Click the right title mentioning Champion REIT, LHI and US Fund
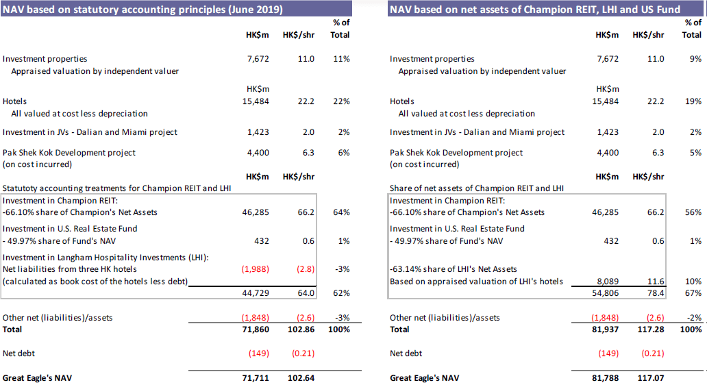coord(535,9)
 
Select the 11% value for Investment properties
coord(341,59)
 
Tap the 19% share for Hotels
coord(693,101)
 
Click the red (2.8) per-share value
coord(305,269)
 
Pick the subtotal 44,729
coord(256,293)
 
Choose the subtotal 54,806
coord(605,293)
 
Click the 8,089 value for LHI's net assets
coord(607,282)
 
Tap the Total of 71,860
coord(255,329)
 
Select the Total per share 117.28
coord(648,329)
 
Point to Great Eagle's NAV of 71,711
coord(255,377)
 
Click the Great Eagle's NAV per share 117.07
coord(648,377)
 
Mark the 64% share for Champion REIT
coord(341,212)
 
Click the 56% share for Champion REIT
coord(693,212)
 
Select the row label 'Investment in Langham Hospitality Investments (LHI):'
coord(106,257)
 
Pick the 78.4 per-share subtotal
coord(654,293)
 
